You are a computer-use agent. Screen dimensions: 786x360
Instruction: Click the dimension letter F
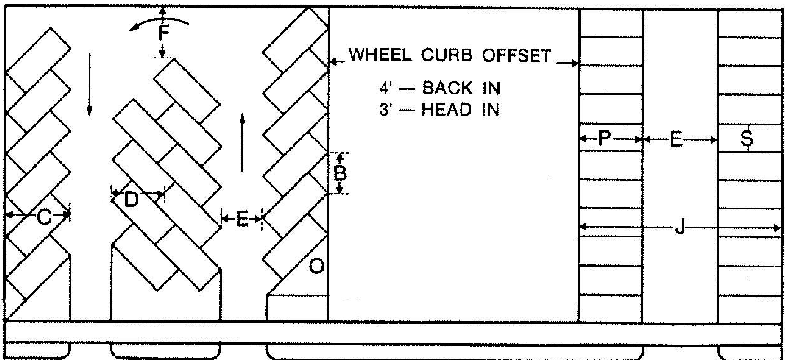pos(163,34)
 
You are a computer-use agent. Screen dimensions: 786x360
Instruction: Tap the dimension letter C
pos(44,217)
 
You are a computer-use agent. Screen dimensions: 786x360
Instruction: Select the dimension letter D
pos(131,200)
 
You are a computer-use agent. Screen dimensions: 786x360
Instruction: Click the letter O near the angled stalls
pos(316,266)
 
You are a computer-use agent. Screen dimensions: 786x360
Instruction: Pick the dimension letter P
pos(605,138)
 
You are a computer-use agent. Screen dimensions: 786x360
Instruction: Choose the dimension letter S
pos(746,139)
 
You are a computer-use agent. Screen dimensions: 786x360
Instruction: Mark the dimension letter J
pos(680,228)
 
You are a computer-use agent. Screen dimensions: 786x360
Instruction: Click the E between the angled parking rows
pos(242,219)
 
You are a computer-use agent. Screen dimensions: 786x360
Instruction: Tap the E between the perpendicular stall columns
pos(676,139)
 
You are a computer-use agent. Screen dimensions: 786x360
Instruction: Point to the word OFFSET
pos(516,55)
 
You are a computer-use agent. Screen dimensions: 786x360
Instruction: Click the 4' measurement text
pos(385,88)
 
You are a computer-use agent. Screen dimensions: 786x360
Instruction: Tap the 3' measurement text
pos(384,110)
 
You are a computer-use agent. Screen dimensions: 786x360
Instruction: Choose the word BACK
pos(447,88)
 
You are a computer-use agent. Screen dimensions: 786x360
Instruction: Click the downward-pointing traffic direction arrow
pos(89,85)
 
